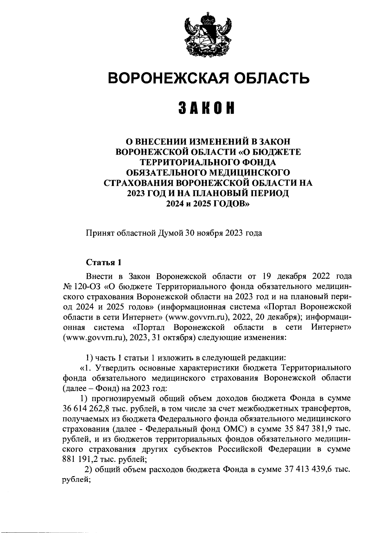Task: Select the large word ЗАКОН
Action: [x=208, y=108]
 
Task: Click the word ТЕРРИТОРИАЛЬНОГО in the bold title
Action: [x=208, y=162]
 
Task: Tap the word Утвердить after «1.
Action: [x=111, y=368]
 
